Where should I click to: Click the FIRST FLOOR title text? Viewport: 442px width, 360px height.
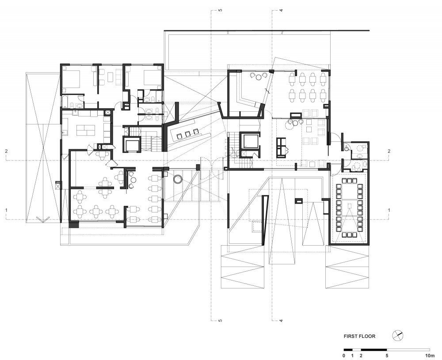(x=359, y=336)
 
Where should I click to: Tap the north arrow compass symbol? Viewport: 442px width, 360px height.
(x=398, y=336)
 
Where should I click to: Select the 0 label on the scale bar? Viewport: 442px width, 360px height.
(x=344, y=356)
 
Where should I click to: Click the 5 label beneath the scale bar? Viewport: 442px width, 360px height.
(x=387, y=356)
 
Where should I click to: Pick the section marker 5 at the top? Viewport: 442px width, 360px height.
(x=221, y=11)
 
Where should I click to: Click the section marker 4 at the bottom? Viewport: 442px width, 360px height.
(x=281, y=320)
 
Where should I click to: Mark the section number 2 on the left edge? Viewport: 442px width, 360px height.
(x=6, y=151)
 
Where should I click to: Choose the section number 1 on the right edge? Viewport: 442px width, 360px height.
(x=389, y=210)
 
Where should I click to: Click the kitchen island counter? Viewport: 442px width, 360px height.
(x=86, y=130)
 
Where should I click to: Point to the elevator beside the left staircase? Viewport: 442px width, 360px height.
(x=132, y=144)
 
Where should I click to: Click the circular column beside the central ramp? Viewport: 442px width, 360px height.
(x=178, y=179)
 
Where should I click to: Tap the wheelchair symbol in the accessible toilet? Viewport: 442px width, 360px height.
(x=347, y=147)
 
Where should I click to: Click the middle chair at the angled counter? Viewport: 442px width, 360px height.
(x=187, y=134)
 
